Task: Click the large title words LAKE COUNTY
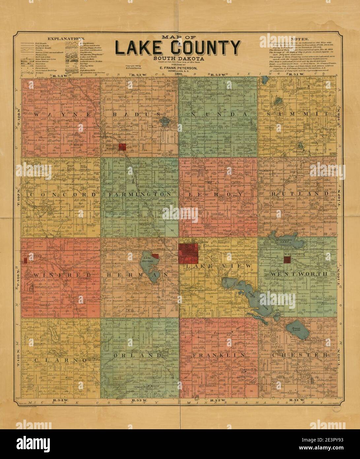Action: click(177, 48)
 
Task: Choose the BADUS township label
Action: click(135, 114)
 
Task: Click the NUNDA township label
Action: click(217, 114)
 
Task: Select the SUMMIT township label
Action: click(298, 114)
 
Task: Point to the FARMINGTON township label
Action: click(140, 195)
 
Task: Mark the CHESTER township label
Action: click(300, 355)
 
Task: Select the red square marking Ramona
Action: click(123, 147)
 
